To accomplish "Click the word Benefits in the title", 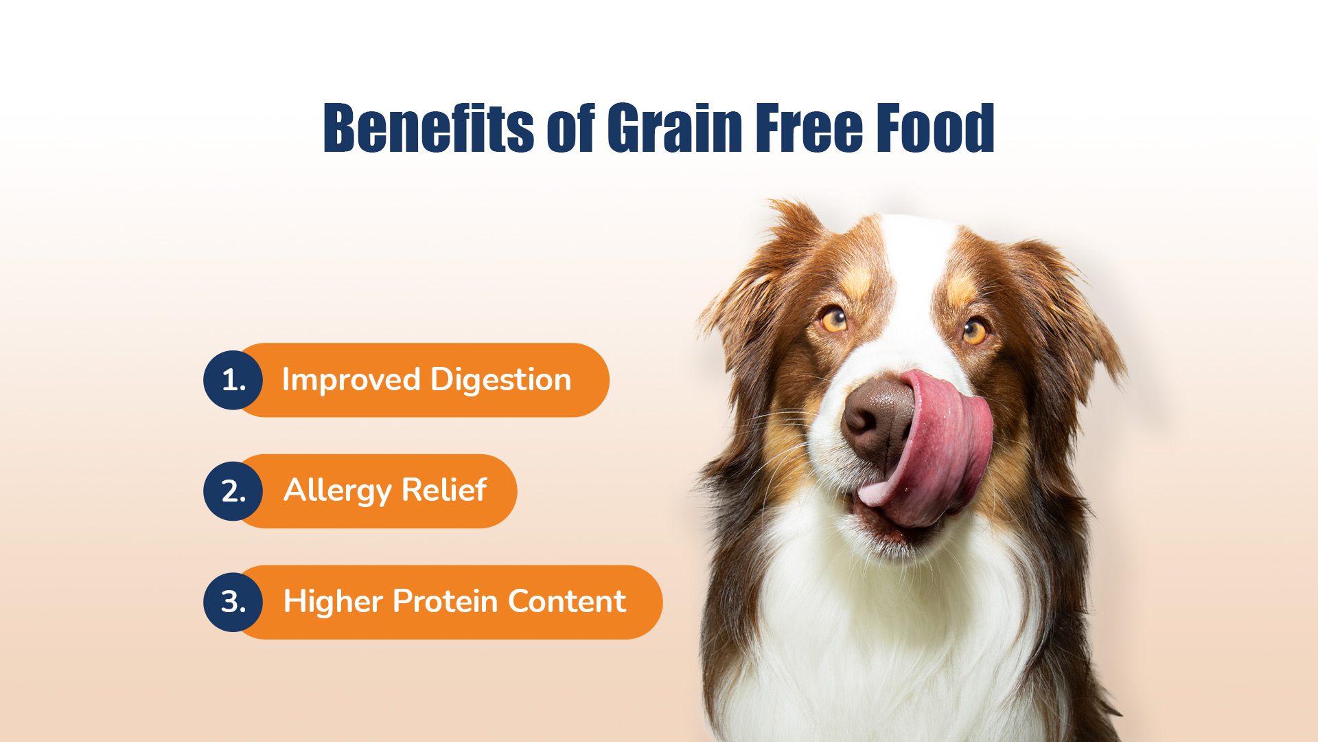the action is (428, 128).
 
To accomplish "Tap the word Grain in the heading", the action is (675, 128).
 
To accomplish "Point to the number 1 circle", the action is (233, 380).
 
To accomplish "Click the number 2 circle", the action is (233, 491).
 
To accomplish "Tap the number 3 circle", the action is (233, 602).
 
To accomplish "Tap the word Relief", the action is (444, 490).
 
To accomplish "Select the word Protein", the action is (445, 601).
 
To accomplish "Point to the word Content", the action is (567, 601).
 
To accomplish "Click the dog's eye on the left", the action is (834, 319).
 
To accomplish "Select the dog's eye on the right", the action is (974, 330).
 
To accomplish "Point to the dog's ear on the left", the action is (762, 289).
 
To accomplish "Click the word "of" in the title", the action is (570, 128).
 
